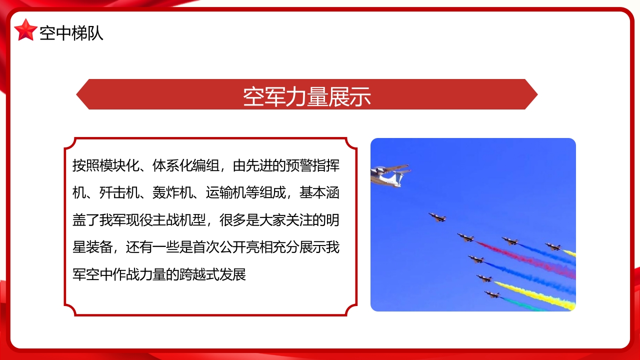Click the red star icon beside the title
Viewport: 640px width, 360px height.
[x=25, y=30]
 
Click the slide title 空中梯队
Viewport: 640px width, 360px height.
[x=71, y=33]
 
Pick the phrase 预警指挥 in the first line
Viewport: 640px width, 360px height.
[x=313, y=165]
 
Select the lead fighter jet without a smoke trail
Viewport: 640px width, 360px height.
[x=437, y=217]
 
